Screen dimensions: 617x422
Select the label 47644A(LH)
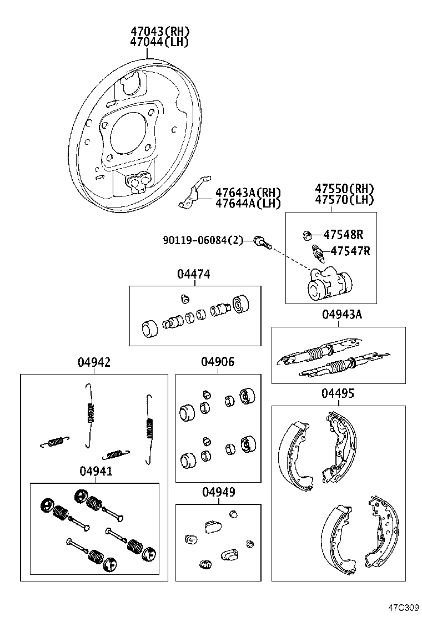[248, 203]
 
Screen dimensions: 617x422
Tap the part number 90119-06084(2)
[203, 240]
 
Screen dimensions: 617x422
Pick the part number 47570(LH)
[344, 200]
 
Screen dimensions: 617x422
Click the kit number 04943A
[341, 315]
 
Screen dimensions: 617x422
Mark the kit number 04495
[338, 393]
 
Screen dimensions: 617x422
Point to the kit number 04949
[218, 492]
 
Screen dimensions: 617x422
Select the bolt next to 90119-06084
[260, 241]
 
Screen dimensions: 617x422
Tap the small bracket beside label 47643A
[193, 194]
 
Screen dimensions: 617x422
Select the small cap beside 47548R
[308, 235]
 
